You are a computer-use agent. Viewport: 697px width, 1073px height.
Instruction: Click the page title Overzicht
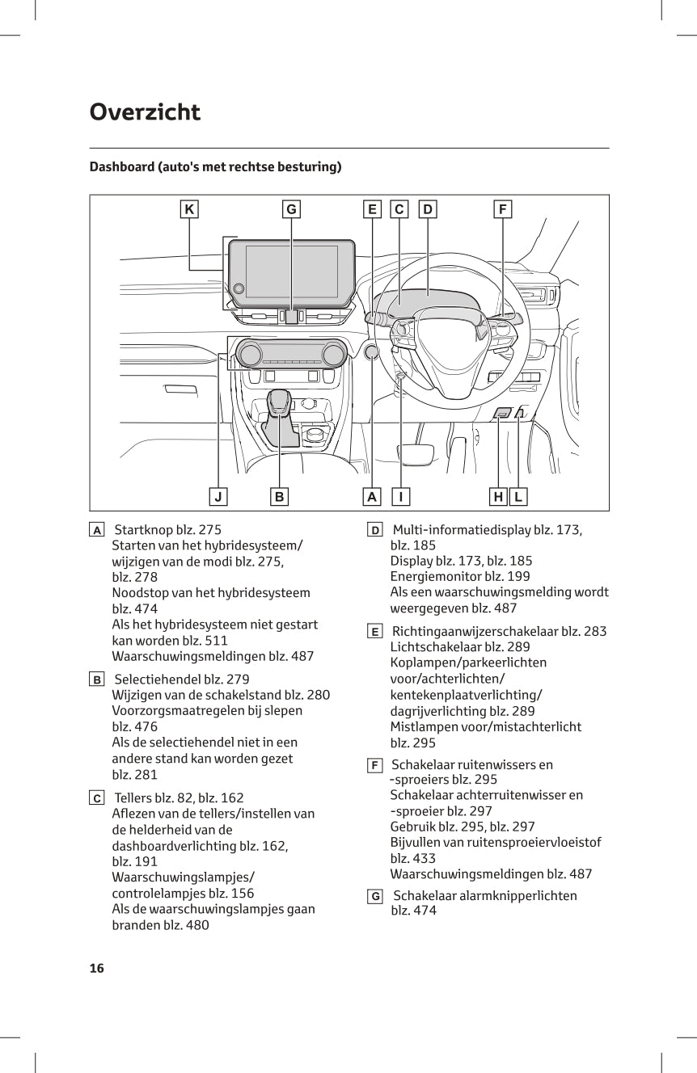[x=145, y=112]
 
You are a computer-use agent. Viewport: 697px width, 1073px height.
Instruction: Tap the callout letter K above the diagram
[x=188, y=209]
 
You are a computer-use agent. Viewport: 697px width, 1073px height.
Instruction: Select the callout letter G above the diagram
[x=290, y=209]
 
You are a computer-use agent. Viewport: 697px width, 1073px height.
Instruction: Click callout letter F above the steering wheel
[x=502, y=209]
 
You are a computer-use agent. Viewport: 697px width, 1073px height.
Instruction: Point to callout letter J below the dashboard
[x=218, y=496]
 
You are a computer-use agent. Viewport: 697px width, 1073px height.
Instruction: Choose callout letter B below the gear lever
[x=279, y=496]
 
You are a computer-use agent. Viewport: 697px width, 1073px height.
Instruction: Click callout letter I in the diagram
[x=400, y=496]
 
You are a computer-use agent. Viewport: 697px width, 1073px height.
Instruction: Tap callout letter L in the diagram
[x=517, y=496]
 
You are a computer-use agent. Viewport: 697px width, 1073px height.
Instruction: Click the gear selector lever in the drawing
[x=280, y=404]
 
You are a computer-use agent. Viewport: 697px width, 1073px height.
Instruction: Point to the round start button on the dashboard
[x=372, y=352]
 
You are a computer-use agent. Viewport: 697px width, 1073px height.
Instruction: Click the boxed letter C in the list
[x=97, y=798]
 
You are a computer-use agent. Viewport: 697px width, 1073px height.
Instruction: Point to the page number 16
[x=97, y=968]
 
